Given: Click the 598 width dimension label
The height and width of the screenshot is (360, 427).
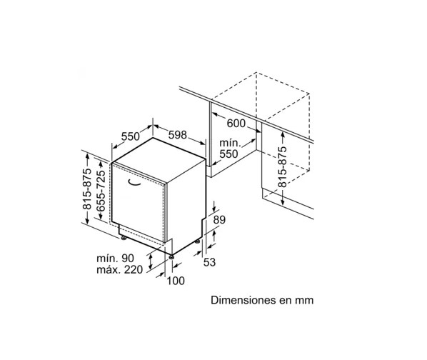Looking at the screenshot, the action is pos(178,134).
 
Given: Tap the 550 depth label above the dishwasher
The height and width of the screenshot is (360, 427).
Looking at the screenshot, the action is pos(130,136).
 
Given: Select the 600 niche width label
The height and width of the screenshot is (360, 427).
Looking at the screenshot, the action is pos(236,124).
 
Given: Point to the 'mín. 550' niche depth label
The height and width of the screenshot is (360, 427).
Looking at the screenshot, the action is pos(229,149).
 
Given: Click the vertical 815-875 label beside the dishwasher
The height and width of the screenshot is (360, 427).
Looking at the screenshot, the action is pos(87,189).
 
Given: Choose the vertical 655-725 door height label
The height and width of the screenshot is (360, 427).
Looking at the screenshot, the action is pos(101,191).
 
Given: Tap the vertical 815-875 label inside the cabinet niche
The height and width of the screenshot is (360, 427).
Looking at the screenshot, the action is pos(282,166).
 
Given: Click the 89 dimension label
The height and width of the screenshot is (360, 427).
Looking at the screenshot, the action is pos(219,219).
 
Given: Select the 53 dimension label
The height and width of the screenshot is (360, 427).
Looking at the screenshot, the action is pos(209,262).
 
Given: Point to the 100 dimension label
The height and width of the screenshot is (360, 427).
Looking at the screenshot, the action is pos(176,281).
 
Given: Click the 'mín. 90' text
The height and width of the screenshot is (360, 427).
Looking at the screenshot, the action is pos(116,258).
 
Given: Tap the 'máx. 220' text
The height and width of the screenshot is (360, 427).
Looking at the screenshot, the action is pos(119,269).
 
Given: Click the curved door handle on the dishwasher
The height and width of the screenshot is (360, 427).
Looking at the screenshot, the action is pos(134,183).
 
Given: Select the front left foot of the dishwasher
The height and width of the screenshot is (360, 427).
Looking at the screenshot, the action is pos(124,238).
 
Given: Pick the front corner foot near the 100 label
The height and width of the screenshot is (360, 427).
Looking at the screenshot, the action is pos(171,256).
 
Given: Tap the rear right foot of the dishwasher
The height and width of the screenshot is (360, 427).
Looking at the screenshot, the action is pos(197,241).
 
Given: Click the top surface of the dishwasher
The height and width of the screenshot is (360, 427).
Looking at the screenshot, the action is pos(159,160).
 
